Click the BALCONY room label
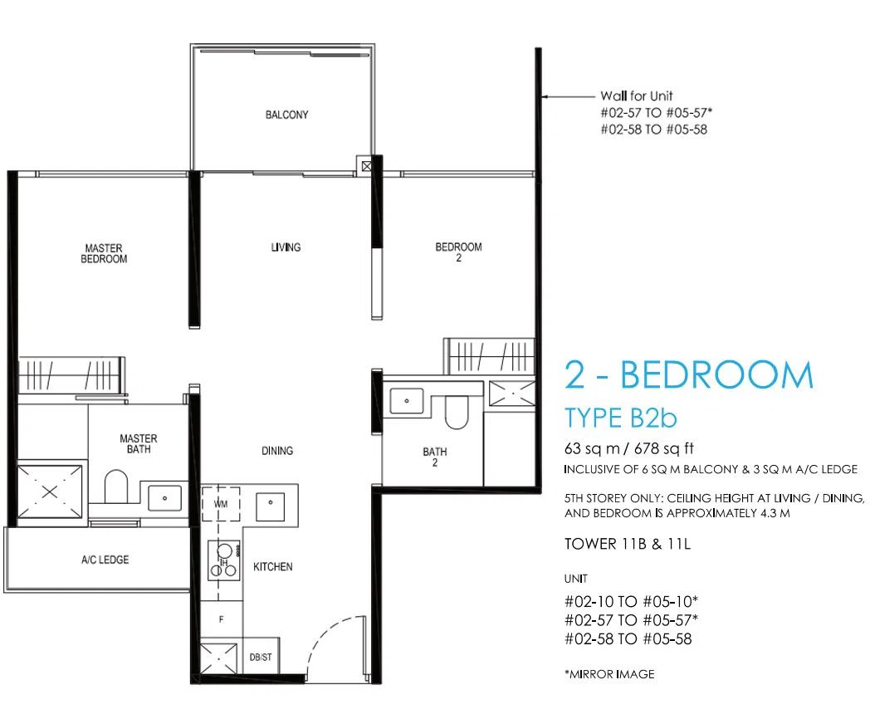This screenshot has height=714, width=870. pyautogui.click(x=286, y=115)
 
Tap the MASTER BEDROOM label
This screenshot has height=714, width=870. pyautogui.click(x=104, y=253)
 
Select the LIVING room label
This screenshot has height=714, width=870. pyautogui.click(x=286, y=247)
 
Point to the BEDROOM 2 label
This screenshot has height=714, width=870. pyautogui.click(x=458, y=252)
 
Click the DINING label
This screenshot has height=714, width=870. pyautogui.click(x=277, y=451)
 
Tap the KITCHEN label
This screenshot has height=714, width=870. pyautogui.click(x=272, y=566)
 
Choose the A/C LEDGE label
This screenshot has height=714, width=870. pyautogui.click(x=105, y=560)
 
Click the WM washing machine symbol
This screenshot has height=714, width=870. pyautogui.click(x=220, y=504)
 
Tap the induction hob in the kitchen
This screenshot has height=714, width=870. pyautogui.click(x=224, y=560)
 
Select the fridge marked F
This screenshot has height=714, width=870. pyautogui.click(x=222, y=619)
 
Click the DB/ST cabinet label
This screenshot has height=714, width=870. pyautogui.click(x=260, y=658)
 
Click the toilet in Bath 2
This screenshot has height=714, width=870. pyautogui.click(x=456, y=412)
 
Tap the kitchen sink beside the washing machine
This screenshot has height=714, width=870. pyautogui.click(x=270, y=506)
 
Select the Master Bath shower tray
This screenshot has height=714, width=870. pyautogui.click(x=49, y=491)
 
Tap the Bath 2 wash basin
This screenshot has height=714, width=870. pyautogui.click(x=407, y=400)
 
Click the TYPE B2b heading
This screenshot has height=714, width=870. pyautogui.click(x=620, y=418)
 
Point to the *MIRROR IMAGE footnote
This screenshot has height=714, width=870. pyautogui.click(x=609, y=674)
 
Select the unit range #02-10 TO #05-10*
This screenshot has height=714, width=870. pyautogui.click(x=631, y=601)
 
